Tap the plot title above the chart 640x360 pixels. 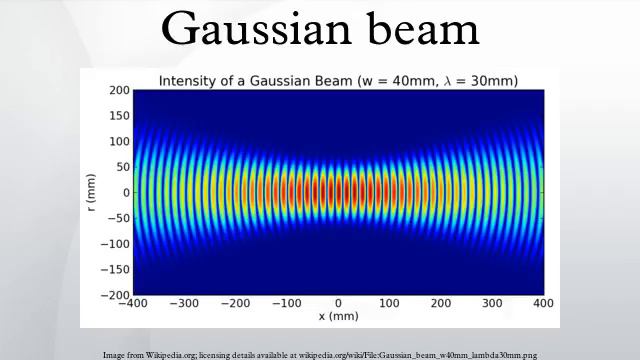[x=337, y=80]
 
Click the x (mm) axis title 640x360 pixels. [x=337, y=317]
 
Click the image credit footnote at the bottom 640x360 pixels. [x=320, y=354]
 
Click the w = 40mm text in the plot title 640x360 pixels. [x=405, y=80]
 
